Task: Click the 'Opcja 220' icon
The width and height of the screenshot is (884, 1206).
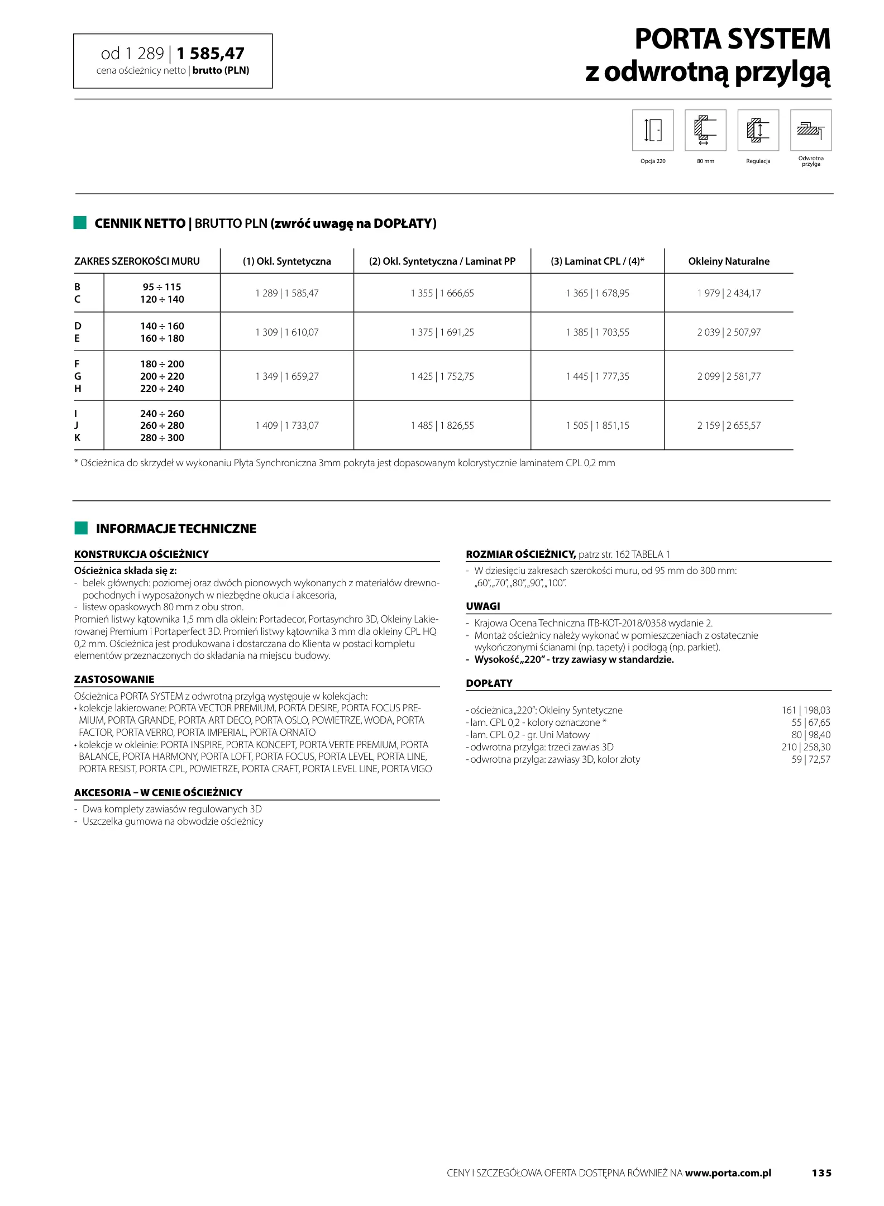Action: pyautogui.click(x=652, y=130)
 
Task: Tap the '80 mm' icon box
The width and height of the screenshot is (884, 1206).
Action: pyautogui.click(x=705, y=130)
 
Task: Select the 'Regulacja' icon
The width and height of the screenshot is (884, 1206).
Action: pyautogui.click(x=758, y=130)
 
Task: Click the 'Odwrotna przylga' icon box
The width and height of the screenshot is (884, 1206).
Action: pyautogui.click(x=810, y=130)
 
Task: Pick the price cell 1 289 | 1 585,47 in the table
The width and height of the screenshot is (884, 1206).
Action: pyautogui.click(x=287, y=293)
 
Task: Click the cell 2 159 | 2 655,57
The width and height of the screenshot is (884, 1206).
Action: pyautogui.click(x=729, y=425)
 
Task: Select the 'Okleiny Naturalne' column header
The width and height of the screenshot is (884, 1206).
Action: pyautogui.click(x=729, y=261)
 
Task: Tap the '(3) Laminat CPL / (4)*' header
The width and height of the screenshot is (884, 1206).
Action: pyautogui.click(x=598, y=261)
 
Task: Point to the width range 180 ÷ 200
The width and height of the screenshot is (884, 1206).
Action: pyautogui.click(x=162, y=364)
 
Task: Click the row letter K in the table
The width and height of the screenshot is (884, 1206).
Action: pyautogui.click(x=78, y=438)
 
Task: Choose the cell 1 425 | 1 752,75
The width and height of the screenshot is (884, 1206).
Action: pyautogui.click(x=442, y=376)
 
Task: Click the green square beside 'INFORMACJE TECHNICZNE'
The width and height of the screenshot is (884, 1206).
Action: pyautogui.click(x=81, y=528)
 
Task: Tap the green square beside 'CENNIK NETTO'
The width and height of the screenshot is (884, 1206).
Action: pyautogui.click(x=80, y=223)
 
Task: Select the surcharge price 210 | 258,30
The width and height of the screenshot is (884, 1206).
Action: pyautogui.click(x=805, y=747)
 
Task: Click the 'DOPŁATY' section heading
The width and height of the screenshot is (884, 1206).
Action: pyautogui.click(x=489, y=683)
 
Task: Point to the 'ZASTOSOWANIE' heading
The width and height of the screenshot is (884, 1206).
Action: pyautogui.click(x=114, y=679)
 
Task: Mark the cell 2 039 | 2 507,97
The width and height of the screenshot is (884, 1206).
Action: pyautogui.click(x=729, y=332)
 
